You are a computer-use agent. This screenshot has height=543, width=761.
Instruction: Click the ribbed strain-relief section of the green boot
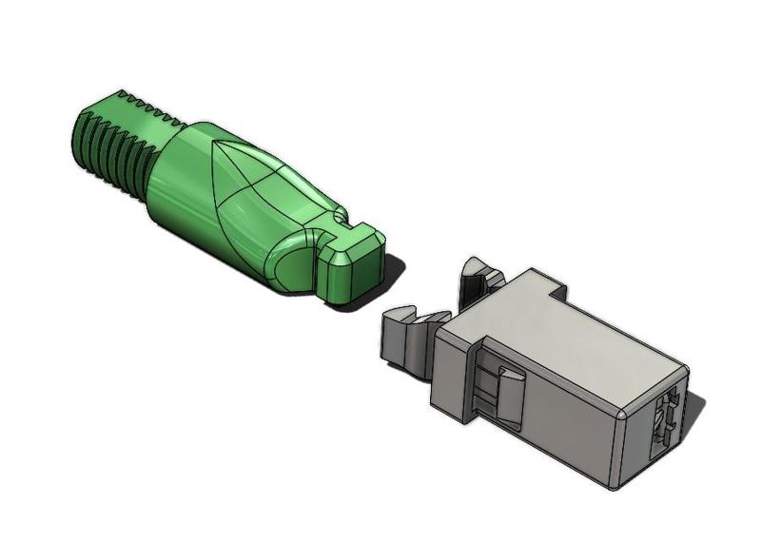tap(109, 143)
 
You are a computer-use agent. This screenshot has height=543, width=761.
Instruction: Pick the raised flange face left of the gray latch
tap(452, 380)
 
